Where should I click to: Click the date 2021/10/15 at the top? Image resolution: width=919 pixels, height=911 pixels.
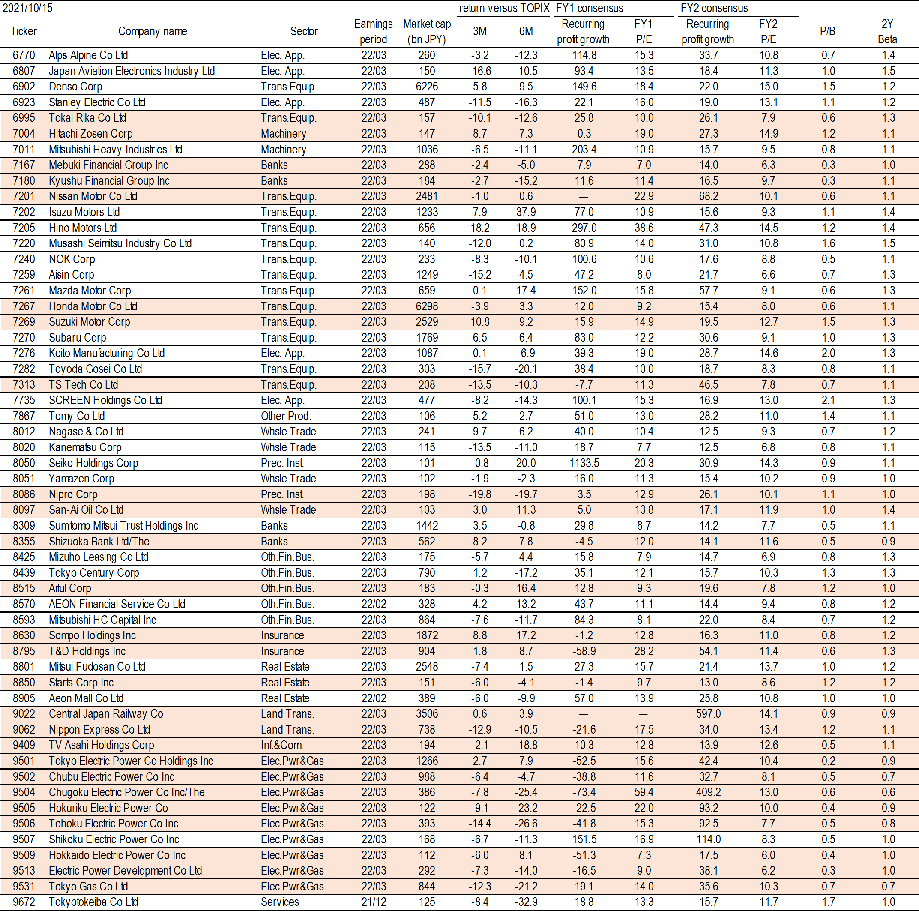click(27, 8)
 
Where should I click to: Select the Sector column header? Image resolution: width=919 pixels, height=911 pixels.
click(304, 31)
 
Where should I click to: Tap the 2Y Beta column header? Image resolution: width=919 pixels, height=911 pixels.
click(887, 31)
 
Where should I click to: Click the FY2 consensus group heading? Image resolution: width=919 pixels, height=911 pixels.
click(714, 8)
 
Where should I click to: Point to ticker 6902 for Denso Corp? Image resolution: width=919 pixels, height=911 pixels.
click(24, 87)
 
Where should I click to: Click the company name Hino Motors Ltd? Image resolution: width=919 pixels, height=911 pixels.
click(83, 228)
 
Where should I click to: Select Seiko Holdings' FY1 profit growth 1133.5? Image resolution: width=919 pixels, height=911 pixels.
click(584, 463)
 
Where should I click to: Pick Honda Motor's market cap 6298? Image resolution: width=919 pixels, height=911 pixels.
click(427, 306)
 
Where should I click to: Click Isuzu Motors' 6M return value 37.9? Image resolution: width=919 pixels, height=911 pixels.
click(526, 212)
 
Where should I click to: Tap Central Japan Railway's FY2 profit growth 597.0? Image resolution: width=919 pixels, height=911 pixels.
click(708, 714)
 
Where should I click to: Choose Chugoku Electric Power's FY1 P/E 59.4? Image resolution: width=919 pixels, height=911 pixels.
click(644, 792)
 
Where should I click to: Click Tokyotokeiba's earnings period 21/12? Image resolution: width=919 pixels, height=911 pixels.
click(374, 902)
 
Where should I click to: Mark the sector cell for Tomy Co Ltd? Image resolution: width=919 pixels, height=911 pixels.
click(286, 416)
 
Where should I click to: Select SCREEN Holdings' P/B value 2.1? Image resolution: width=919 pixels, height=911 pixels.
click(828, 400)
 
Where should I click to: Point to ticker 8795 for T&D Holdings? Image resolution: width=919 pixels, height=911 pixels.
click(24, 651)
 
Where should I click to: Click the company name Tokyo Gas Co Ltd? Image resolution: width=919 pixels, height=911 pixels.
click(89, 886)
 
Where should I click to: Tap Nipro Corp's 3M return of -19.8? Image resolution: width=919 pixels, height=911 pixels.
click(479, 494)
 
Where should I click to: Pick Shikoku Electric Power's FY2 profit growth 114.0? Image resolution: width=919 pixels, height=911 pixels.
click(708, 839)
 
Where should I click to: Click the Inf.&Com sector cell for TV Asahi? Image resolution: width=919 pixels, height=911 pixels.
click(281, 746)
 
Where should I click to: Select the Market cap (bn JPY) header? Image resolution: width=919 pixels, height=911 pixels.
click(427, 31)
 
